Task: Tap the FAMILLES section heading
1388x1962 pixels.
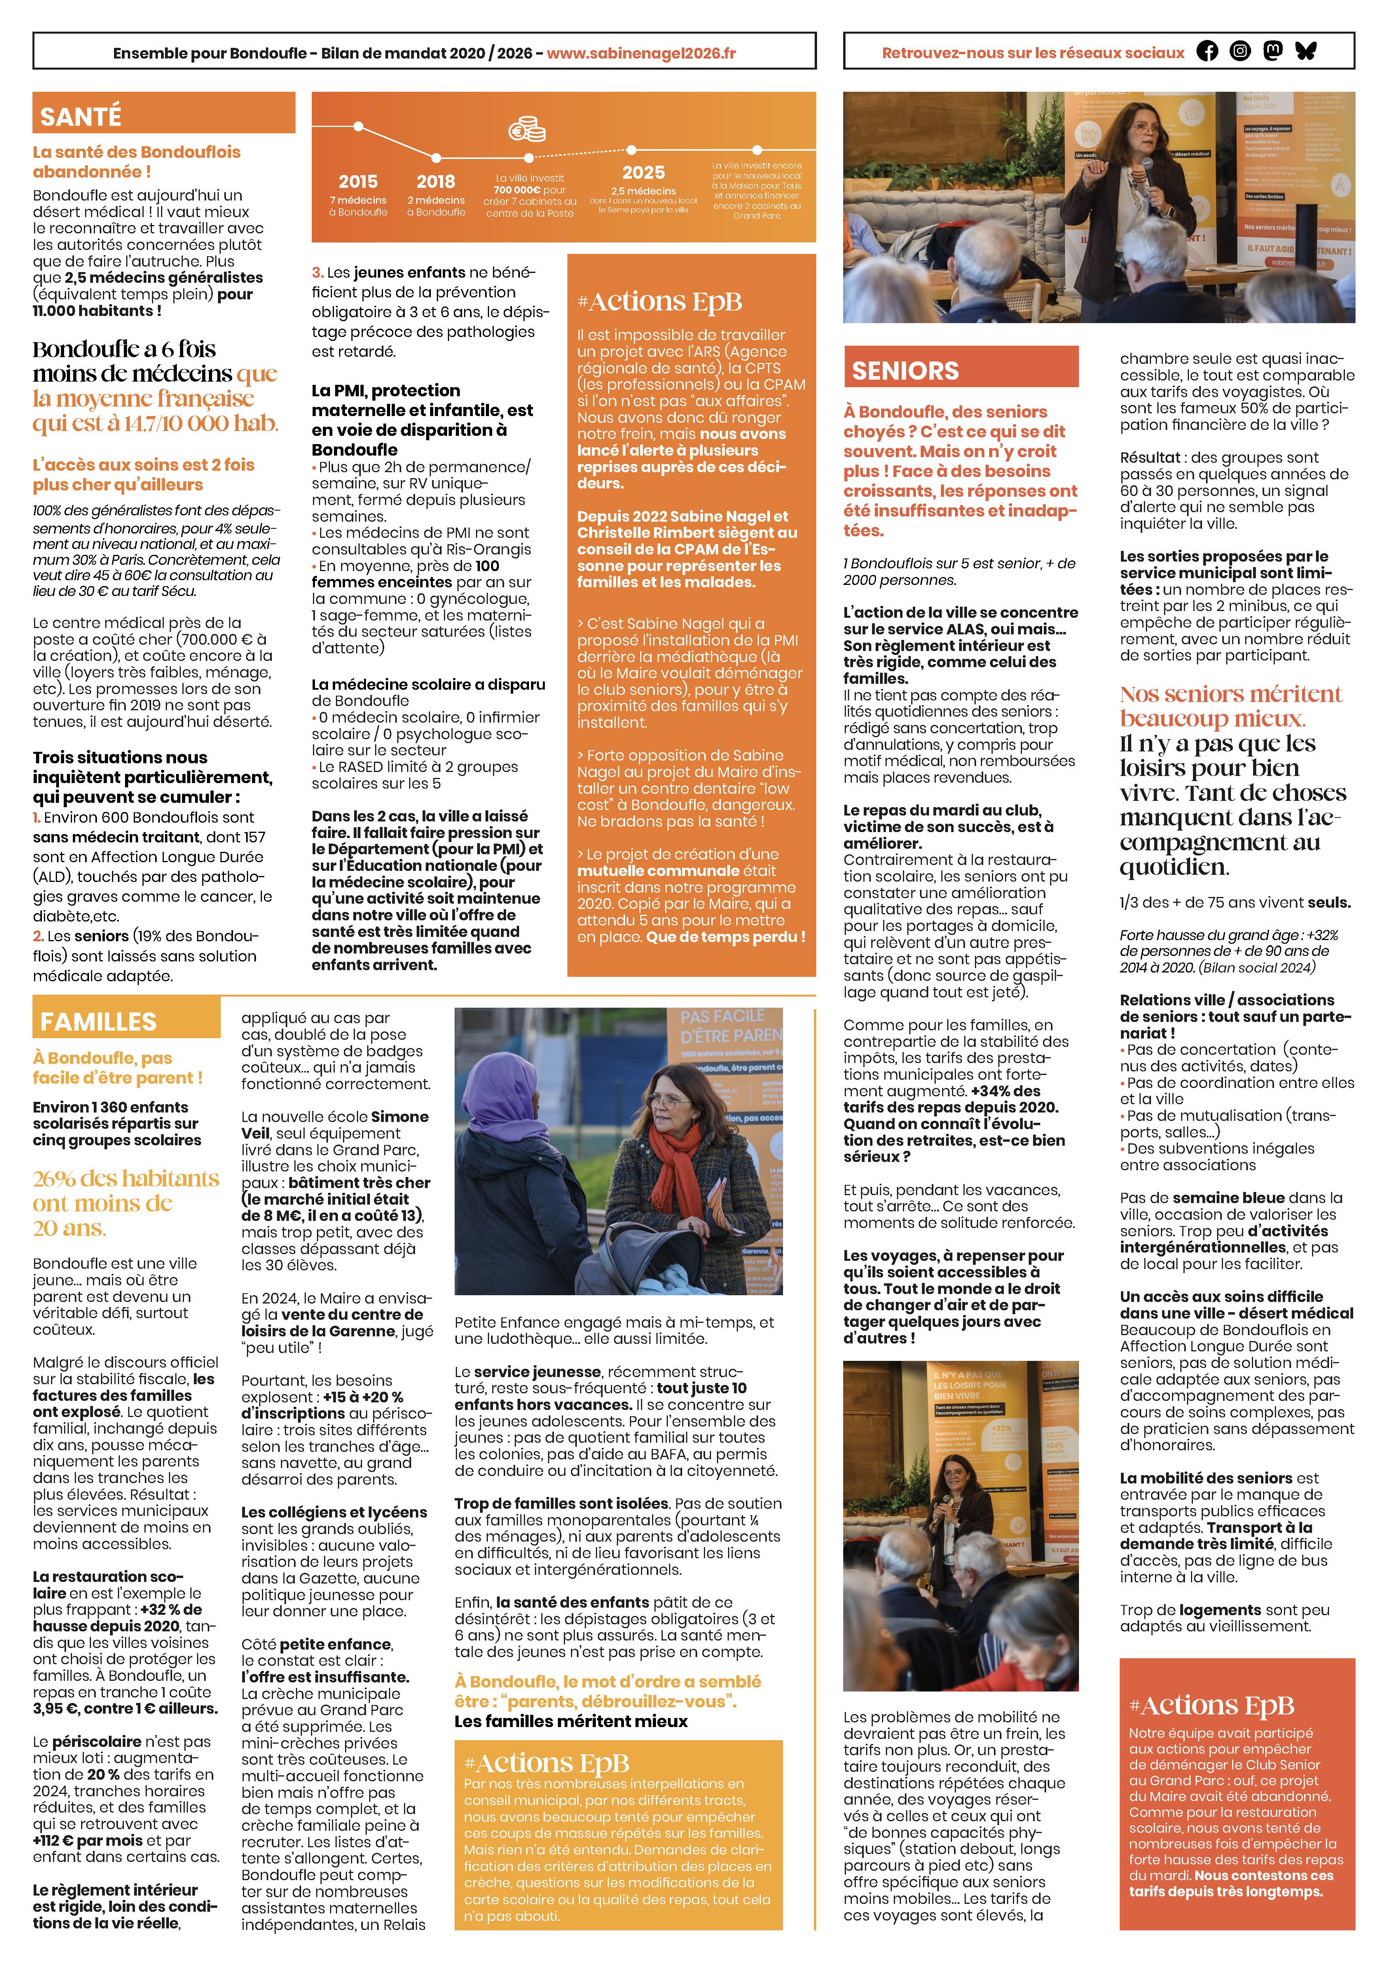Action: click(x=98, y=1021)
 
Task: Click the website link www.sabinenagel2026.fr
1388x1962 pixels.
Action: click(x=641, y=53)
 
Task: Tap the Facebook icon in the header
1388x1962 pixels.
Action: click(x=1207, y=51)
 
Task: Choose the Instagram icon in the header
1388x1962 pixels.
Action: click(x=1240, y=51)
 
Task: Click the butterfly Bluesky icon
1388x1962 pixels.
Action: click(x=1306, y=51)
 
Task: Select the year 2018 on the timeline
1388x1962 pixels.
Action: click(x=436, y=181)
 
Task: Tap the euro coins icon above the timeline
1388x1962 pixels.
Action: click(x=527, y=130)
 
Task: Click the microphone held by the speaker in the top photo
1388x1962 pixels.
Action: click(x=1148, y=171)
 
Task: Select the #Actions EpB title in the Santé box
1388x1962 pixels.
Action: click(x=659, y=302)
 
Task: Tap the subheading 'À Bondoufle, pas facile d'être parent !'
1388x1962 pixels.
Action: click(x=118, y=1067)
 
